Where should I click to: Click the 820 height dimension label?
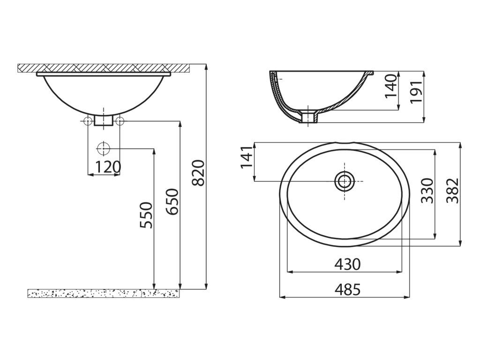point(198,172)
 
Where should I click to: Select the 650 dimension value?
point(172,202)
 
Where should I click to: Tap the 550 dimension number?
point(146,215)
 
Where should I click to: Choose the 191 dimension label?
point(416,92)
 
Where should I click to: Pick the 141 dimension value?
point(247,157)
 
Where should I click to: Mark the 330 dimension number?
point(427,191)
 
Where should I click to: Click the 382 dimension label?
point(453,191)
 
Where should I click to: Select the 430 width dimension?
point(347,264)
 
